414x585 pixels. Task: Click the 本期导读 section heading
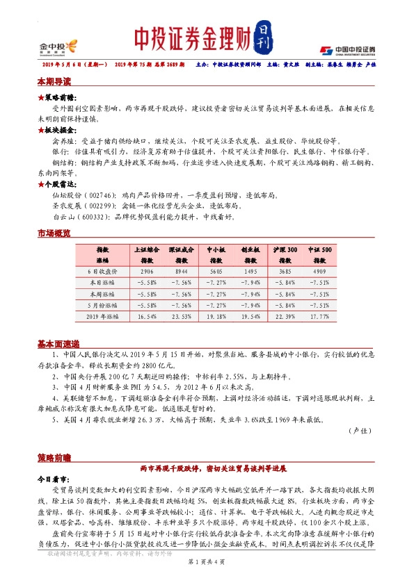54,82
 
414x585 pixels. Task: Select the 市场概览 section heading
54,234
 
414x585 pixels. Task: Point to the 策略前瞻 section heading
54,458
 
